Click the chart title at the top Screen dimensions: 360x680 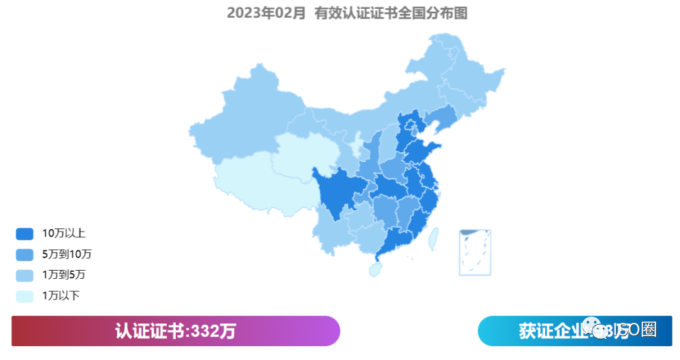tap(347, 13)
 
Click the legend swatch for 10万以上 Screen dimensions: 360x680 tap(24, 234)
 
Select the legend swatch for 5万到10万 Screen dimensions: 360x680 tap(24, 254)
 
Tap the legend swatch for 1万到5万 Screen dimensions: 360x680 tap(24, 275)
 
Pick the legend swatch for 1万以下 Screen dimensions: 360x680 tap(24, 295)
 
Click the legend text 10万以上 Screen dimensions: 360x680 tap(64, 233)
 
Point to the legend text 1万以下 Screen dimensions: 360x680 tap(60, 295)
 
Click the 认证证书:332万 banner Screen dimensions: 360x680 tap(176, 331)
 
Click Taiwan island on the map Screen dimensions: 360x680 tap(433, 238)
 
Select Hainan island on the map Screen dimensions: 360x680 tap(375, 269)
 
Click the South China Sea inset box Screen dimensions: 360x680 tap(475, 252)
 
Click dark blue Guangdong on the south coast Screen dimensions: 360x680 tap(397, 239)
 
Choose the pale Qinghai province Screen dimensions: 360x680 tap(302, 154)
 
